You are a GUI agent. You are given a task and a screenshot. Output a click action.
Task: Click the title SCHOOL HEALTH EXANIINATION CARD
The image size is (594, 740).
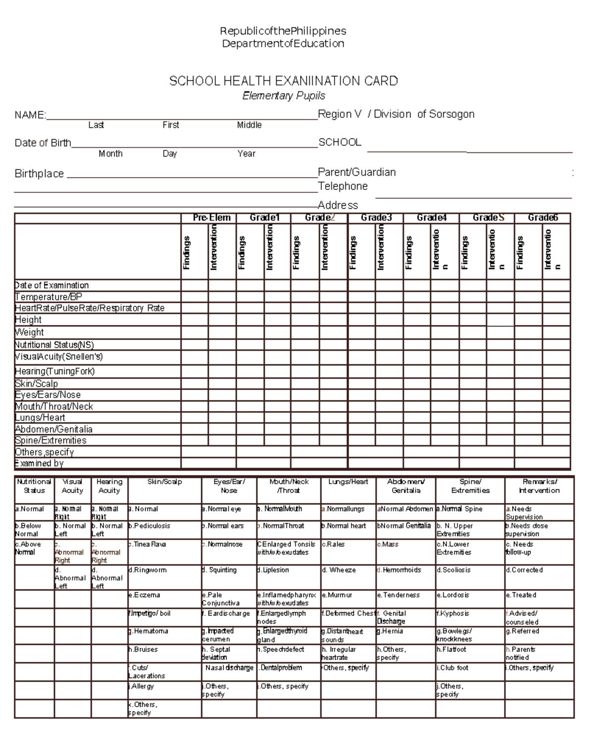(x=283, y=81)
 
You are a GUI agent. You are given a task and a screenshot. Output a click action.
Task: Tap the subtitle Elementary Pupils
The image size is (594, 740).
(x=283, y=96)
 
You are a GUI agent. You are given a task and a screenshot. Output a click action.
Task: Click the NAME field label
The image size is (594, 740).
(x=30, y=115)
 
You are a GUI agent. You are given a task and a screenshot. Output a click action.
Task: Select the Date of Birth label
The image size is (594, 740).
(x=43, y=143)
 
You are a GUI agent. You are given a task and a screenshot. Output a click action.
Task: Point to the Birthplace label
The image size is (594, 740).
(x=39, y=174)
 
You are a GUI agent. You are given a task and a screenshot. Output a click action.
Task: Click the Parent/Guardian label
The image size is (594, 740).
(x=356, y=173)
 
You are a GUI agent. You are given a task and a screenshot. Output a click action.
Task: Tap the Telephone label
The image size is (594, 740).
(x=343, y=186)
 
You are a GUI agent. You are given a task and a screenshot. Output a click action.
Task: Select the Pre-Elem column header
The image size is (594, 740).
(x=211, y=218)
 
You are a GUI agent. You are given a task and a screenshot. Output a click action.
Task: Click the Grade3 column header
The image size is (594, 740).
(x=376, y=218)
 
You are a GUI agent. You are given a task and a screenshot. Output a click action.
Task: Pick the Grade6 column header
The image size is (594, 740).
(x=543, y=218)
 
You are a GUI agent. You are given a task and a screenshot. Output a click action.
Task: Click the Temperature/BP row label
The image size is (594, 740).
(x=49, y=297)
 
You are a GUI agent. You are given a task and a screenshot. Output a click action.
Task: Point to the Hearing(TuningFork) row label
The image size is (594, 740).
(x=54, y=371)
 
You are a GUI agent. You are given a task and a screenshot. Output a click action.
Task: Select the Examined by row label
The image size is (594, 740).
(x=39, y=463)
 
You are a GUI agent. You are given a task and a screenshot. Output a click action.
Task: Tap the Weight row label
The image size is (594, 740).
(x=29, y=332)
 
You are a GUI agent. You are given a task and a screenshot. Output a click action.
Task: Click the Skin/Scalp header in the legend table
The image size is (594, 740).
(x=164, y=482)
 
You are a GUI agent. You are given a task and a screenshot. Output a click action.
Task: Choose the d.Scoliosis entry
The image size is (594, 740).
(x=453, y=570)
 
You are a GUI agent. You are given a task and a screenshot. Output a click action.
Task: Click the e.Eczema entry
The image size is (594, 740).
(x=144, y=595)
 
